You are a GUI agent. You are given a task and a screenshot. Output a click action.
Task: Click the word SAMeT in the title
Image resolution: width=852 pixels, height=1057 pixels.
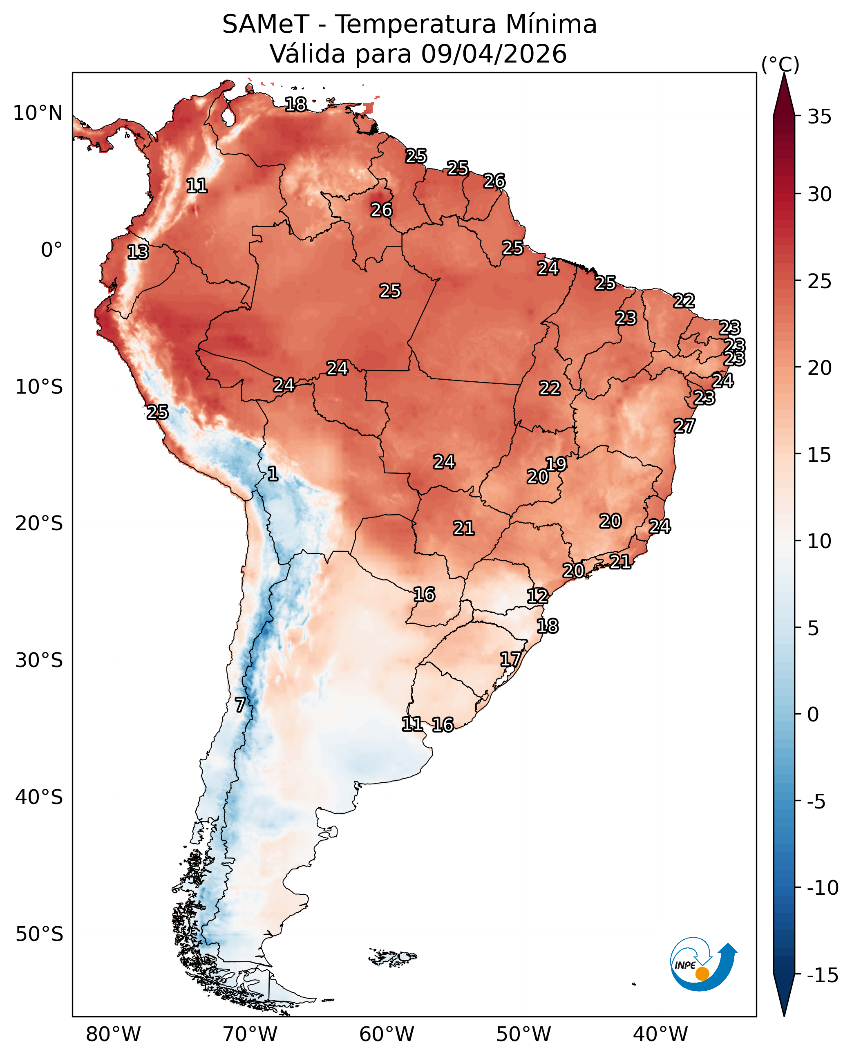[266, 25]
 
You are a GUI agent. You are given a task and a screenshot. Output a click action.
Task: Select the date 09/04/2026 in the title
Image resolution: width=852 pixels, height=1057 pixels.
[494, 54]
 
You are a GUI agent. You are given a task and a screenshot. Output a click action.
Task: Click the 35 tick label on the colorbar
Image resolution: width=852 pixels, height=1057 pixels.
[820, 117]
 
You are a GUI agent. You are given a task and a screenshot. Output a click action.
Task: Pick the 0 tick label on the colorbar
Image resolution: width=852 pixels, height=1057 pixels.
[813, 715]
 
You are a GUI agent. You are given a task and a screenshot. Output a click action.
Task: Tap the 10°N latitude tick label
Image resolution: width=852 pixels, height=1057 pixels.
[38, 113]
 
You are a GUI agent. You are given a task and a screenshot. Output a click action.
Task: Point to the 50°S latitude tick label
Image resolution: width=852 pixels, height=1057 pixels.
[39, 934]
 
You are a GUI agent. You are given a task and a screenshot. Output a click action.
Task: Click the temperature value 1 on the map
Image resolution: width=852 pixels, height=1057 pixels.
[273, 474]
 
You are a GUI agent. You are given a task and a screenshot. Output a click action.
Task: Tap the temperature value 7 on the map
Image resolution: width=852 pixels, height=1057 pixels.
[240, 705]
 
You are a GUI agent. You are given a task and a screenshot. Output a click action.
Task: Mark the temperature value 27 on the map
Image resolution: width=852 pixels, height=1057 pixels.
[684, 425]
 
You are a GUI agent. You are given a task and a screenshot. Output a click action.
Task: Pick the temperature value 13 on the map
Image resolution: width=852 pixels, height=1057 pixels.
[138, 252]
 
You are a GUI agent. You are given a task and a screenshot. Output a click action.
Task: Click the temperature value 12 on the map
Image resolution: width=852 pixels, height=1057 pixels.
[537, 596]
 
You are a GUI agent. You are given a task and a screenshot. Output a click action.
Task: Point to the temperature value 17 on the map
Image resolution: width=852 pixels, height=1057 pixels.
[510, 659]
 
